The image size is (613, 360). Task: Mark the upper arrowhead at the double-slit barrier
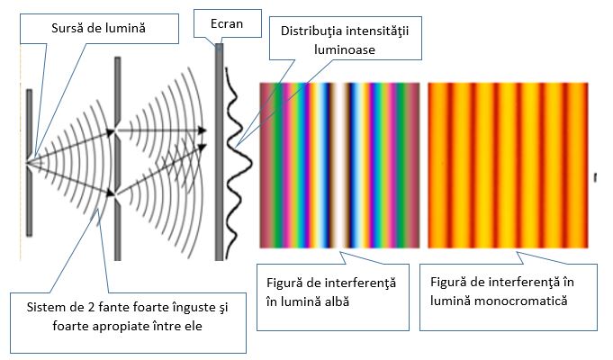pos(117,131)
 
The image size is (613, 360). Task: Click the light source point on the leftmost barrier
pos(30,162)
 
